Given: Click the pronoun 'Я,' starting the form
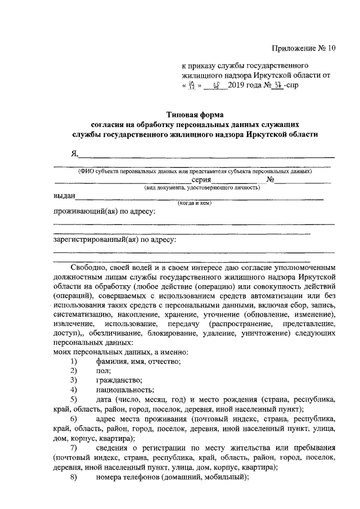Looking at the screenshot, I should tap(74, 154).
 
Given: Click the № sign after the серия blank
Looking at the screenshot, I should tap(270, 180).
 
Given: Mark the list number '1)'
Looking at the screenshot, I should tap(73, 361).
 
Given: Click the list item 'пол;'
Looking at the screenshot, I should tap(103, 371).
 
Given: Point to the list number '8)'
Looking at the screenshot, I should tap(73, 478).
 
